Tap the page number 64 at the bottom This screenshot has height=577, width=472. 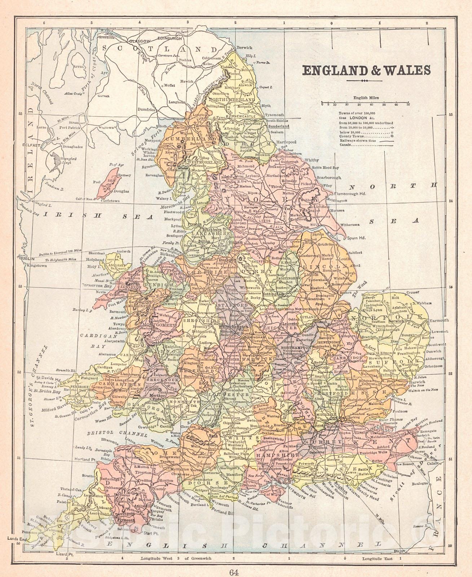point(236,570)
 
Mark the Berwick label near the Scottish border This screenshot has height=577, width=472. point(245,48)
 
